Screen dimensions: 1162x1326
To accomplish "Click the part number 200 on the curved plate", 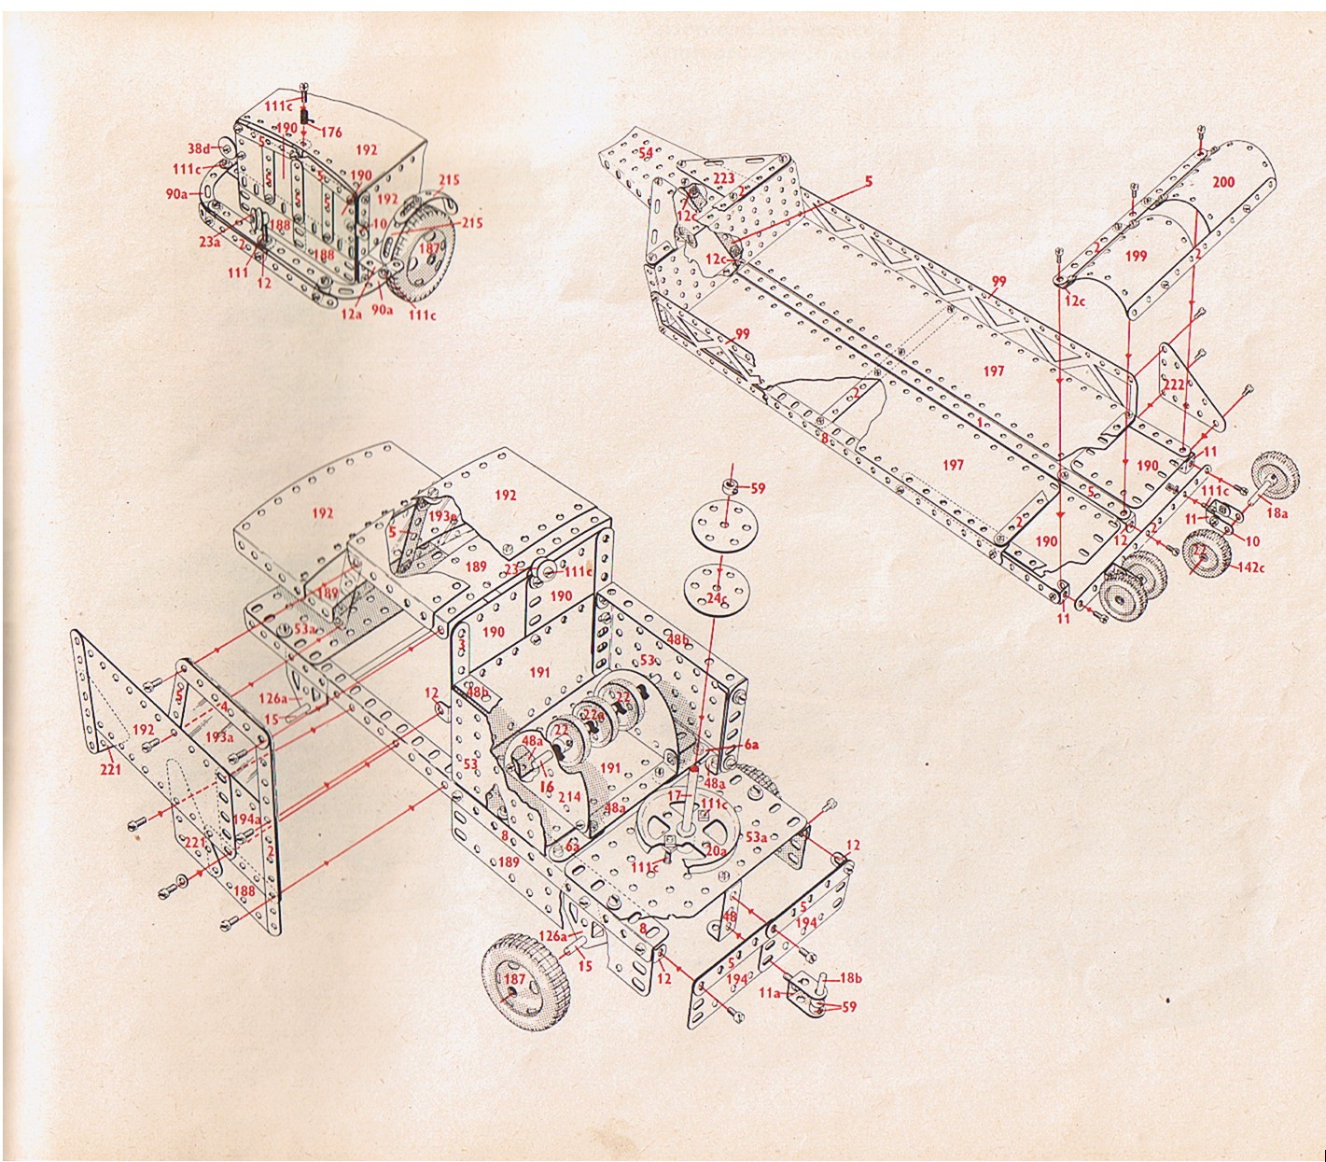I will pos(1222,183).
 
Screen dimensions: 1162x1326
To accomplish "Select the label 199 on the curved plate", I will pos(1136,256).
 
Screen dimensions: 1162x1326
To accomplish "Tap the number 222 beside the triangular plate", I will pos(1174,385).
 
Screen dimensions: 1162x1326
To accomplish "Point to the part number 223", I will pos(723,177).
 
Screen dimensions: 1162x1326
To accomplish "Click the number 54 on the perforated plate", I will pos(646,152).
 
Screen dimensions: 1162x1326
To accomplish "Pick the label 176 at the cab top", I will pos(330,133).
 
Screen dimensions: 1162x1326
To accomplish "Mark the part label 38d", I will pos(199,148).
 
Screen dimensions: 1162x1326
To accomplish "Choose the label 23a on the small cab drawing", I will pos(210,243).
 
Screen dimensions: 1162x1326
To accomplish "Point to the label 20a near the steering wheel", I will pos(716,850).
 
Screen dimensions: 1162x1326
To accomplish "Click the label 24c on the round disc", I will pos(717,597).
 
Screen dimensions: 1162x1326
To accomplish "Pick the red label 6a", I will pos(750,744).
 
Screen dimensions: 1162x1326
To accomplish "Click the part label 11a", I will pos(769,994).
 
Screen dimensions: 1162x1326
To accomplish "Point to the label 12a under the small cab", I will pos(350,315).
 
